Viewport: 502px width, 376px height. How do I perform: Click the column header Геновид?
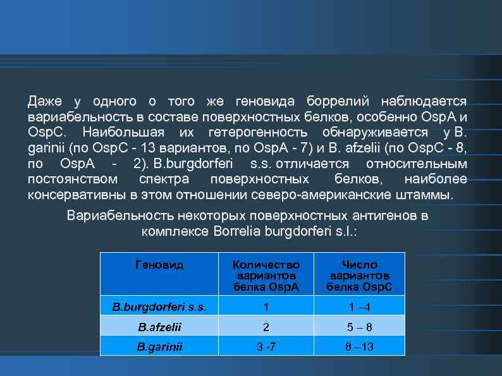(x=159, y=265)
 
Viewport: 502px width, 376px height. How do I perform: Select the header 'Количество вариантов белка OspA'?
(x=266, y=276)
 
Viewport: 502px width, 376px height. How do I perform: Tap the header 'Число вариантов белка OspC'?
(x=359, y=276)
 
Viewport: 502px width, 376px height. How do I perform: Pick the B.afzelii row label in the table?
(x=159, y=327)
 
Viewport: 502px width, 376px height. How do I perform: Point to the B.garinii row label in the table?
(x=159, y=346)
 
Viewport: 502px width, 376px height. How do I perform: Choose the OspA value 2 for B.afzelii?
(x=266, y=327)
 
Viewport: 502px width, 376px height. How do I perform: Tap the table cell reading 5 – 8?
(x=359, y=327)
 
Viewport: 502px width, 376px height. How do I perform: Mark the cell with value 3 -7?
(x=266, y=346)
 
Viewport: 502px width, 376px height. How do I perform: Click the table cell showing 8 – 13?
(x=359, y=346)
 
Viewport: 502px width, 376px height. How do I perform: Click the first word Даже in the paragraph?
(x=45, y=101)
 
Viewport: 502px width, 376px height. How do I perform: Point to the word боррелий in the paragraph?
(x=333, y=101)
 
